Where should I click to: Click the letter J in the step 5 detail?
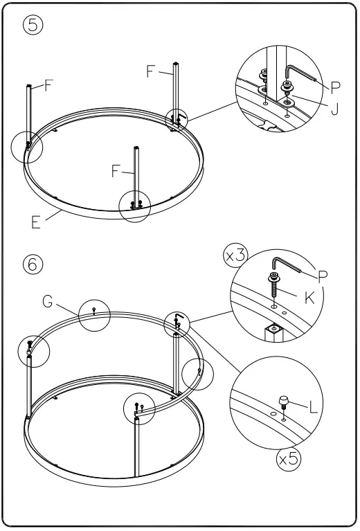(x=334, y=109)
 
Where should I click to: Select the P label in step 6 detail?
(x=322, y=276)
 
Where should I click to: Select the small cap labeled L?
(x=283, y=402)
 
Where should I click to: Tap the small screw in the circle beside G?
(x=93, y=312)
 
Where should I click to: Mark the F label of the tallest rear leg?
(x=152, y=72)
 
